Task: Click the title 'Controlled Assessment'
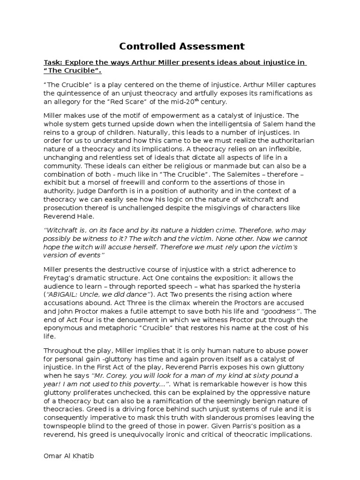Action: click(x=181, y=46)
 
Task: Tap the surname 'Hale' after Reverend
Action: click(x=90, y=216)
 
